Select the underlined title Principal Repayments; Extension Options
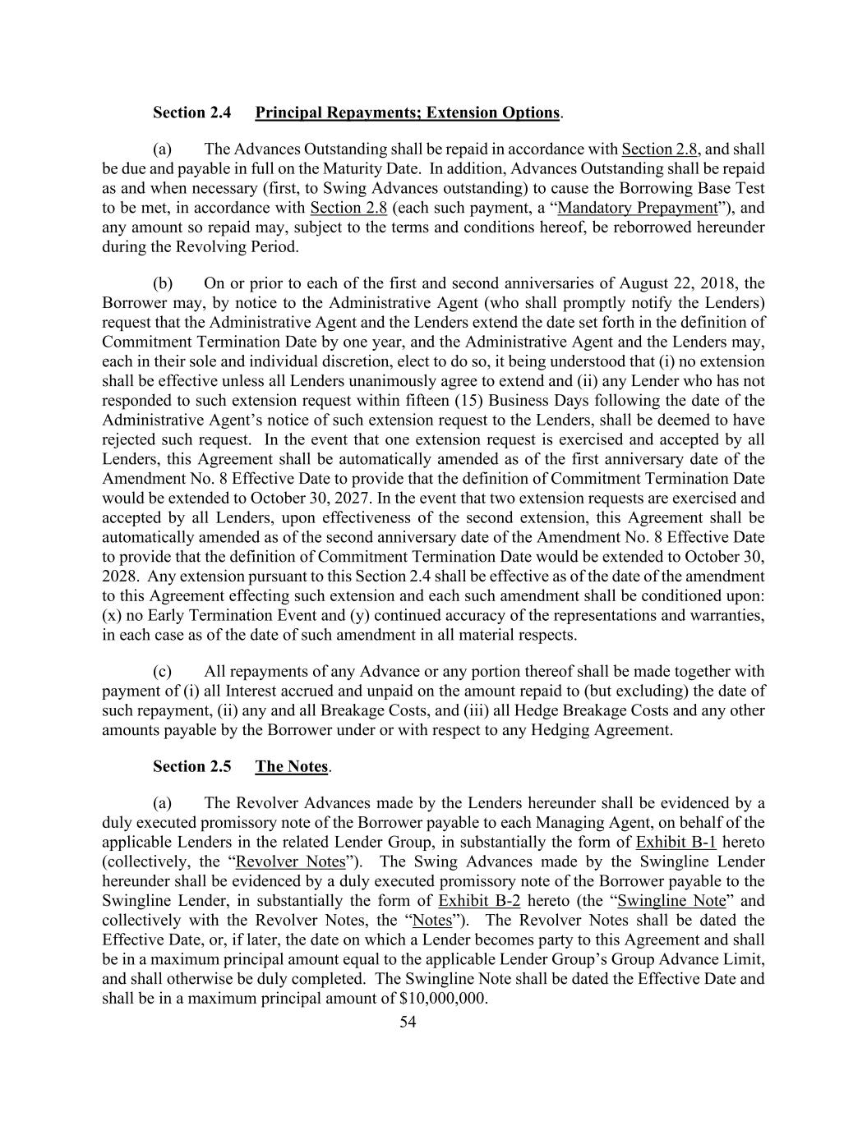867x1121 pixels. point(408,113)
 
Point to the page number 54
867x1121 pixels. point(408,1022)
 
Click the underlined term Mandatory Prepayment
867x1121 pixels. point(637,208)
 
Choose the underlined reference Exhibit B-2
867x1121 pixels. point(479,901)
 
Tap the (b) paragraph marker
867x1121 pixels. point(163,283)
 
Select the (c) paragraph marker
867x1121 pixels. point(163,671)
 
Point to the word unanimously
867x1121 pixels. point(378,381)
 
